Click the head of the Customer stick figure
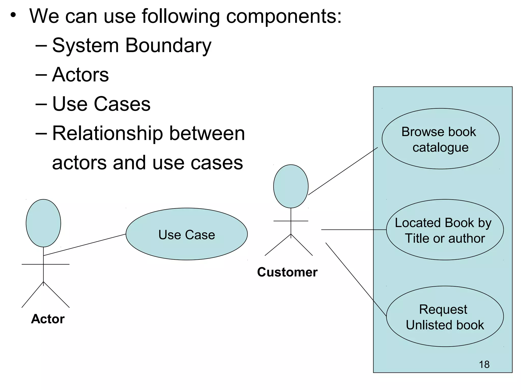[x=291, y=186]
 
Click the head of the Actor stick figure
[x=44, y=223]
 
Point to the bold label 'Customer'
[x=287, y=272]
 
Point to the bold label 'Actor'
[x=48, y=319]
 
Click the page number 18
[x=484, y=365]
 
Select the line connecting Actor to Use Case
[x=85, y=245]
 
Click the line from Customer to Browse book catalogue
[x=343, y=171]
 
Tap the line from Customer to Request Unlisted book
[x=356, y=279]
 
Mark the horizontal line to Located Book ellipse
[x=354, y=230]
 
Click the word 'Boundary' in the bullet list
[x=168, y=46]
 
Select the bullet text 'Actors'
[x=80, y=75]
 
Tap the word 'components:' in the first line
[x=284, y=16]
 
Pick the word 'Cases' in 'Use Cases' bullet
[x=122, y=104]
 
